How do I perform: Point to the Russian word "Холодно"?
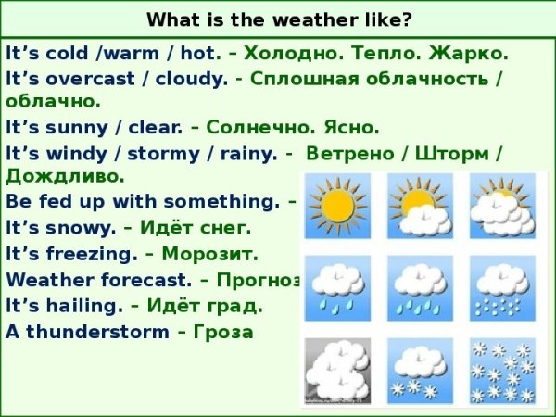click(285, 54)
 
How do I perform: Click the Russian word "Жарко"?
click(467, 54)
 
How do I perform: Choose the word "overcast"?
click(81, 79)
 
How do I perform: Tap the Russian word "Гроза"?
click(223, 331)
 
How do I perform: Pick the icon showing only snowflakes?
click(502, 370)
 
